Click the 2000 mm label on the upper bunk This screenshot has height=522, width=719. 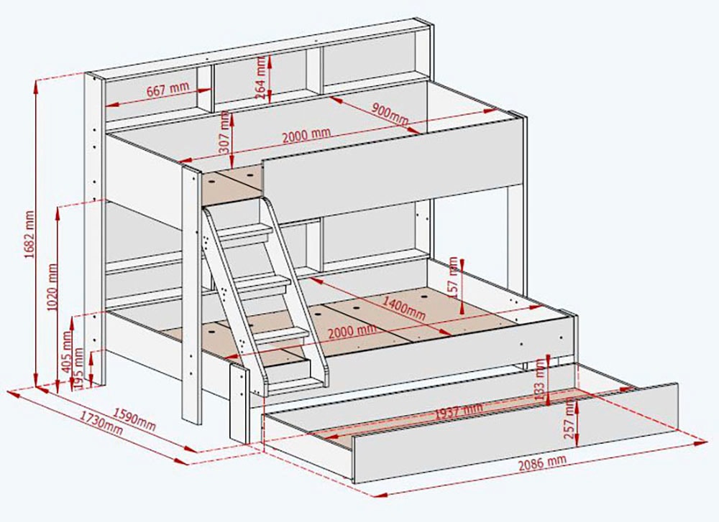pos(306,135)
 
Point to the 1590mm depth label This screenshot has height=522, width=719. pos(136,419)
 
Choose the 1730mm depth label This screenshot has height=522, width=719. pos(102,424)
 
